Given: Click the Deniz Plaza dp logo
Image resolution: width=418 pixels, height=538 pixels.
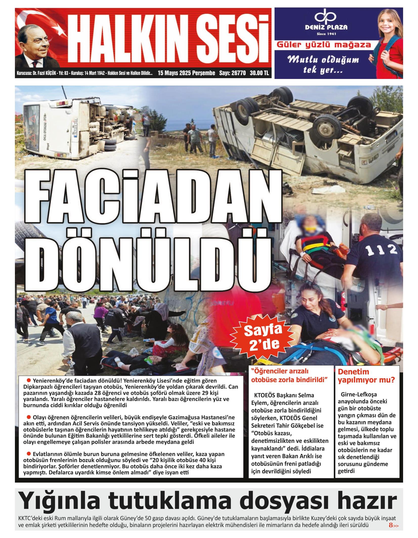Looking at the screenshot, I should [x=326, y=16].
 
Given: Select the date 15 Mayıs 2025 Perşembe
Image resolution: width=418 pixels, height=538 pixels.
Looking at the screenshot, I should [x=186, y=73].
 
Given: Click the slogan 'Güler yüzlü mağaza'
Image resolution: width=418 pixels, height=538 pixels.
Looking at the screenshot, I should [x=324, y=45].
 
